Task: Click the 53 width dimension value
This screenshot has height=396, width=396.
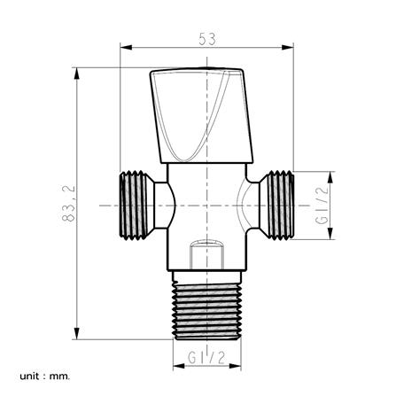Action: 207,39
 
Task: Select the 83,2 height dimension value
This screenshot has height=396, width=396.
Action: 69,204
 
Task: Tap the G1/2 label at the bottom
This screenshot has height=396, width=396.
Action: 206,358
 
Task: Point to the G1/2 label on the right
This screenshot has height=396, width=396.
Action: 322,206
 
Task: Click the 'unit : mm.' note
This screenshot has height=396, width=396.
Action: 45,377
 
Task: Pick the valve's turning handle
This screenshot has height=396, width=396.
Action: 201,115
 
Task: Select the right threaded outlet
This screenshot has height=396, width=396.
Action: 277,205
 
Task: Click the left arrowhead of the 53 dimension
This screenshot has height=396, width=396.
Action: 126,47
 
